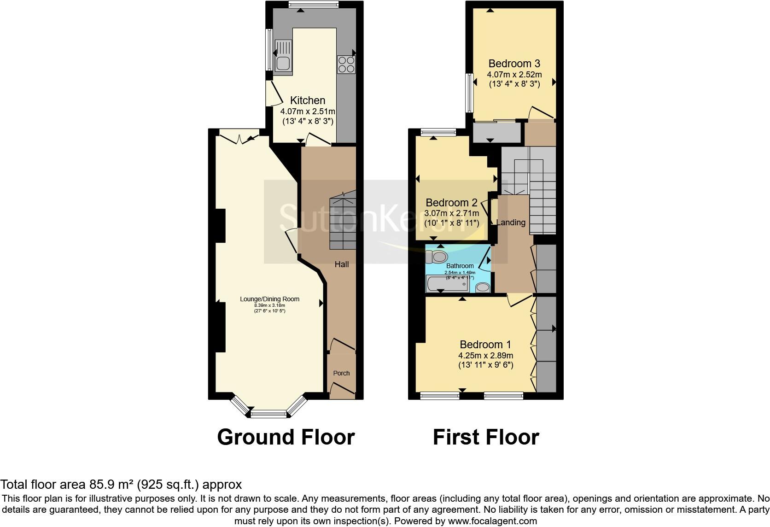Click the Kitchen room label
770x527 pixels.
[x=308, y=100]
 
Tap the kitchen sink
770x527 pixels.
[x=283, y=57]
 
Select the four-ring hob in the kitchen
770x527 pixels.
[x=346, y=64]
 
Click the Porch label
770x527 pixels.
[x=341, y=373]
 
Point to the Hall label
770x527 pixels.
[x=341, y=264]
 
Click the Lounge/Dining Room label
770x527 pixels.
[x=269, y=299]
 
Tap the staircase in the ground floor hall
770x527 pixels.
[x=342, y=223]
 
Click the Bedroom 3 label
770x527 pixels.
[x=514, y=64]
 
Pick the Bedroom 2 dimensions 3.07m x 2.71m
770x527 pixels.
[x=451, y=213]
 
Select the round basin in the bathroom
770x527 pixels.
[x=482, y=287]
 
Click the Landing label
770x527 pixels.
[x=510, y=223]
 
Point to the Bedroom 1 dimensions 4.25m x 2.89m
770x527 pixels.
[x=485, y=356]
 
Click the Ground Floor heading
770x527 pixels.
[x=286, y=437]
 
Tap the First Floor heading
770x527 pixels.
[x=485, y=437]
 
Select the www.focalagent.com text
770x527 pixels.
[x=492, y=521]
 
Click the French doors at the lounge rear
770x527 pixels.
[x=239, y=137]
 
